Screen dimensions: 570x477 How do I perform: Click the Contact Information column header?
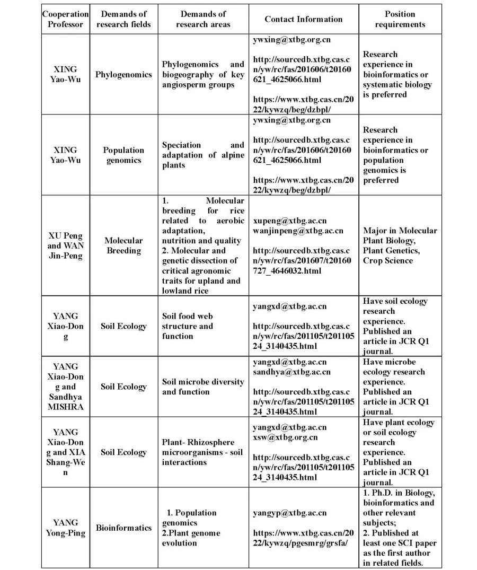(304, 19)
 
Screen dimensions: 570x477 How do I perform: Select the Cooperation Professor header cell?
(65, 19)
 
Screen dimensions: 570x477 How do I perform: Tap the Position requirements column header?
(400, 19)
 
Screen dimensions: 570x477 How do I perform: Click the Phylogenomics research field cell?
(123, 74)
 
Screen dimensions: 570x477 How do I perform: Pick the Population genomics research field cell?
(123, 155)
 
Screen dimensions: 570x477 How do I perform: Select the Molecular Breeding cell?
(123, 245)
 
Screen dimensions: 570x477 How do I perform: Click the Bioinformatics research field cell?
(123, 528)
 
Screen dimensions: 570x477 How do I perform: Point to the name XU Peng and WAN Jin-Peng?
(65, 245)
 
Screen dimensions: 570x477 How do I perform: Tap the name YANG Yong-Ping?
(65, 528)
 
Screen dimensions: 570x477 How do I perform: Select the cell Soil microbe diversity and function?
(203, 387)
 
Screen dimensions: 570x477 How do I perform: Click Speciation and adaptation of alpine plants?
(203, 155)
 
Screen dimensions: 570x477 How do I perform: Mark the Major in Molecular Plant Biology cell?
(400, 245)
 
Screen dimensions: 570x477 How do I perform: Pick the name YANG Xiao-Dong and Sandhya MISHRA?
(65, 387)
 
